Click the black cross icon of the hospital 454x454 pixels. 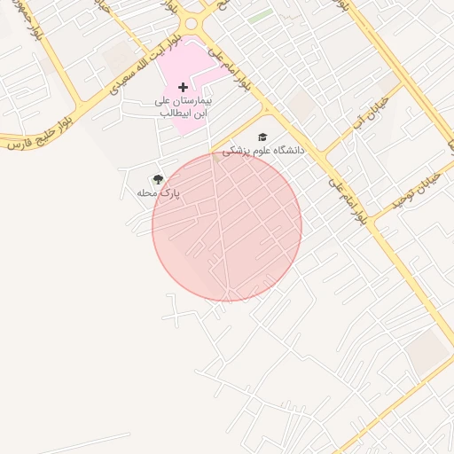[x=184, y=87]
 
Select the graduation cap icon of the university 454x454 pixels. [x=262, y=137]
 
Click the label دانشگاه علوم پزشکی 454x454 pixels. [x=262, y=151]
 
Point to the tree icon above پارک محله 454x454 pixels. [x=159, y=179]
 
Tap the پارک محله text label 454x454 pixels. [x=159, y=192]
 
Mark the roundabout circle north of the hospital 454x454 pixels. [x=192, y=23]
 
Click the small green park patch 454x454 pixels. [x=260, y=16]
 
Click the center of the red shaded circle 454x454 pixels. [x=227, y=226]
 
